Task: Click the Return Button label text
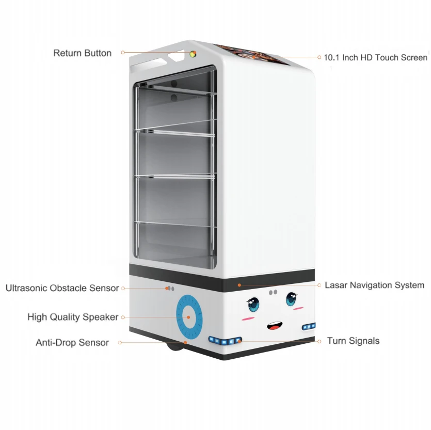click(82, 53)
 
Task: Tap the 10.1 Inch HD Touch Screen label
click(375, 57)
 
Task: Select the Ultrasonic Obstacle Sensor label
click(62, 288)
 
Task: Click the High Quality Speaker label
click(73, 317)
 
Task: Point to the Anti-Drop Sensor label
click(72, 342)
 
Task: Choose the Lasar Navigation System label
click(374, 285)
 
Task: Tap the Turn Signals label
click(353, 341)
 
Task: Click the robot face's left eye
click(254, 304)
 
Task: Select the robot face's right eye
click(292, 300)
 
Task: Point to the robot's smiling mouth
click(274, 326)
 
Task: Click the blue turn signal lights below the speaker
click(225, 340)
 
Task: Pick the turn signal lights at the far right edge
click(309, 326)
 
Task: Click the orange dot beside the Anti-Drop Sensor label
click(120, 342)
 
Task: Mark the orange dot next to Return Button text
click(123, 53)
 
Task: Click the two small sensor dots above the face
click(273, 293)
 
